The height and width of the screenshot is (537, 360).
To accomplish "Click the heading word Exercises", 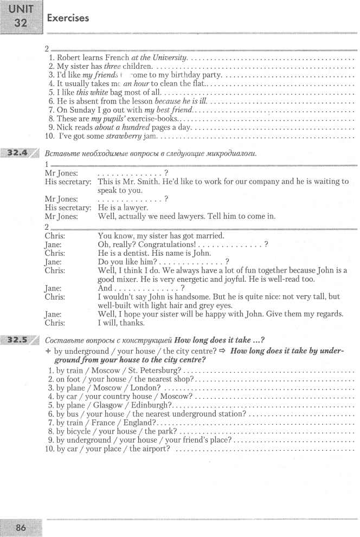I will click(x=68, y=18).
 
